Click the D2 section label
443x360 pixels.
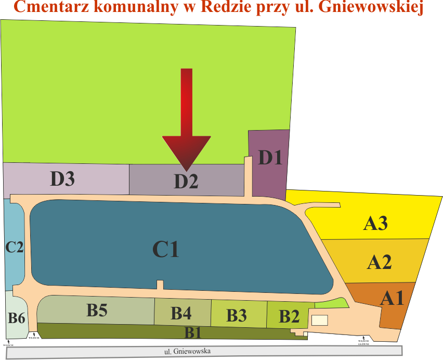coord(186,181)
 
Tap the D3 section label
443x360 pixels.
coord(62,178)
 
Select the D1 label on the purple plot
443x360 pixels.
coord(270,157)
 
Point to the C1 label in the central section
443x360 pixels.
coord(166,250)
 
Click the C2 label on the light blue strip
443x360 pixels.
coord(15,247)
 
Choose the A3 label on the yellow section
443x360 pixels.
coord(375,223)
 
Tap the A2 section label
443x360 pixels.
coord(379,262)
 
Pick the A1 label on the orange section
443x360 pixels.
coord(392,298)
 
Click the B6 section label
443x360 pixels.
coord(17,317)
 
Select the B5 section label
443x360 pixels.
coord(97,311)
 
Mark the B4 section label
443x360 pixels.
coord(181,313)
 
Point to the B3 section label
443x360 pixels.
coord(237,315)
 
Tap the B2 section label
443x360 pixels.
coord(289,316)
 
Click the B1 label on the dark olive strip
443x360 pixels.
coord(193,331)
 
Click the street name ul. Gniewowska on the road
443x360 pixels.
coord(187,351)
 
